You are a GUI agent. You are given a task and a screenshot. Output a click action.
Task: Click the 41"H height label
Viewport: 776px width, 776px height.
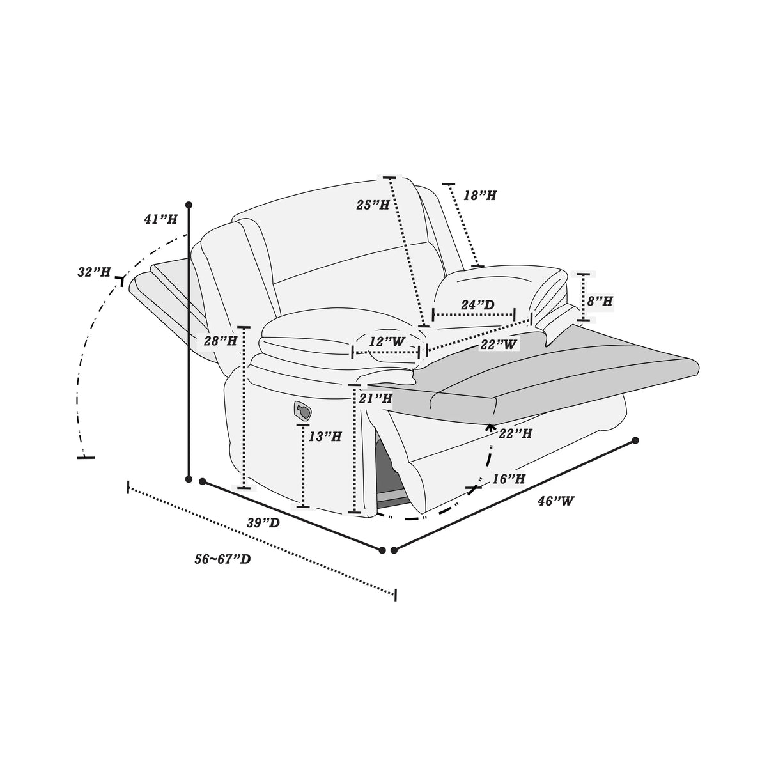point(160,219)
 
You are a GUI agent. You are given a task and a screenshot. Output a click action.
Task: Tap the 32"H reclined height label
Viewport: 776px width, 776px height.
point(94,272)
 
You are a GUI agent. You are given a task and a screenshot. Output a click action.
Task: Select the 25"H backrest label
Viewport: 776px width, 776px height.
point(373,205)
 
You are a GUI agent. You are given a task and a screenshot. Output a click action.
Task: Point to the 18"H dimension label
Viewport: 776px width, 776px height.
point(479,196)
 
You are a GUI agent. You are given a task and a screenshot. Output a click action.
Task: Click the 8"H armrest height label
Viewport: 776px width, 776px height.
point(600,301)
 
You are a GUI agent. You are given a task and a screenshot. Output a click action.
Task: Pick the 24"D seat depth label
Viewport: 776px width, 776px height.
point(477,305)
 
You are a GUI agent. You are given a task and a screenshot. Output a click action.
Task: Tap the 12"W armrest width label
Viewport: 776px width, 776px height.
point(387,342)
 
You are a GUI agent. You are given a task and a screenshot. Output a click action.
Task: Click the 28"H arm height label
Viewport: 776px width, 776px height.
point(221,341)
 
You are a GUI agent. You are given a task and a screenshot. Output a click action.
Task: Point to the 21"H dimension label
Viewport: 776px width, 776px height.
point(376,399)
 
